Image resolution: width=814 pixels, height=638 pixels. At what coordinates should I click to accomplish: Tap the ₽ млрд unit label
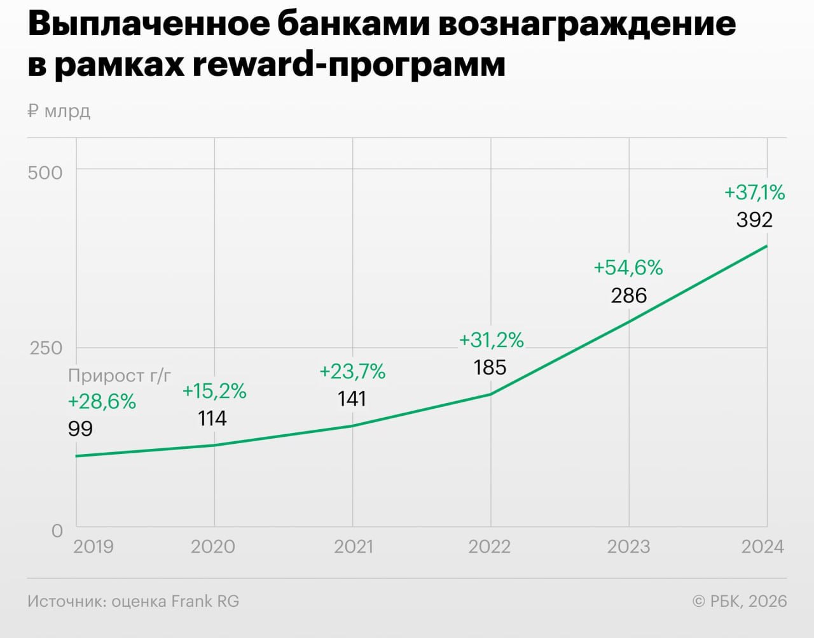(x=59, y=111)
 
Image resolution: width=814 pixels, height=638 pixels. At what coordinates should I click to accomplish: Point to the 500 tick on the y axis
(x=45, y=173)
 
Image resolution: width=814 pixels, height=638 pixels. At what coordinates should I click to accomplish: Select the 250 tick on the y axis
(x=46, y=348)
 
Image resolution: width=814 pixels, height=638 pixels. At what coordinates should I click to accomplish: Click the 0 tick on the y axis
(x=57, y=530)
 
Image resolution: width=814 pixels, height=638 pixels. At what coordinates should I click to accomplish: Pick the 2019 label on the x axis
(x=93, y=546)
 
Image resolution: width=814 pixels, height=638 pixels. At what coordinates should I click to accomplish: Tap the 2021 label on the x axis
(x=353, y=546)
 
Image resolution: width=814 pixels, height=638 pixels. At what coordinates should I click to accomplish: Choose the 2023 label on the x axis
(x=628, y=546)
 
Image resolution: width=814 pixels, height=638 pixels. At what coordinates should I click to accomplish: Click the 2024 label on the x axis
(x=762, y=546)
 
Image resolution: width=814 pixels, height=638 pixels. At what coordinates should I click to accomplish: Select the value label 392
(x=754, y=220)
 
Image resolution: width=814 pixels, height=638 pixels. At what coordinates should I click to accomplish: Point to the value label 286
(x=629, y=295)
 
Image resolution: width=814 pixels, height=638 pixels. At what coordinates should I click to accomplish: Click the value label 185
(x=490, y=367)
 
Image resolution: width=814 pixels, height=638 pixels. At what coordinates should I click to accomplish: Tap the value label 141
(x=352, y=399)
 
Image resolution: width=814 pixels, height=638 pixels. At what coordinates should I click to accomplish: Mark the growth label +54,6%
(x=628, y=267)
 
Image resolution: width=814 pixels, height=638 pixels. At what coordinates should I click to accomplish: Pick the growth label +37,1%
(x=754, y=192)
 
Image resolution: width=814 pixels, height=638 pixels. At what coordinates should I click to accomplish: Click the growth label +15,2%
(x=214, y=391)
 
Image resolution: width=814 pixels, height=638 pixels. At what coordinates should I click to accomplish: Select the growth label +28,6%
(x=102, y=402)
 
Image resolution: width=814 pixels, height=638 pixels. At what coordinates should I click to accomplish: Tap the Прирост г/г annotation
(x=120, y=376)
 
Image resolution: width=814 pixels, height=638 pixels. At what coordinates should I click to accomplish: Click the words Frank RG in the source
(x=205, y=601)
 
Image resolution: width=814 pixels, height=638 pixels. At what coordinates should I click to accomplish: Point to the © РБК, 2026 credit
(x=739, y=601)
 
